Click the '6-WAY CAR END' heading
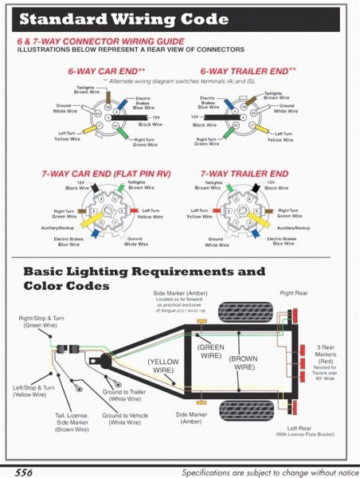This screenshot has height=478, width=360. coord(101,72)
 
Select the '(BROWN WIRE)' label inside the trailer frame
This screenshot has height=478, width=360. coord(243,362)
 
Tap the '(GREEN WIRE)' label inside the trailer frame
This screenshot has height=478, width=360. coord(211,351)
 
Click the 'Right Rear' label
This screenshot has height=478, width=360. coord(294,293)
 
